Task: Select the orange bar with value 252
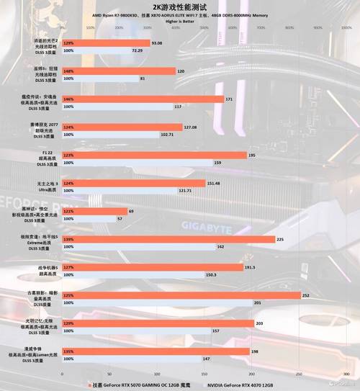[x=180, y=295]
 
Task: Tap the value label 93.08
[x=161, y=43]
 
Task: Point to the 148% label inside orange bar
[x=69, y=71]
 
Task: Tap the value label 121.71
[x=185, y=191]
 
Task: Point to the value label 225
[x=281, y=238]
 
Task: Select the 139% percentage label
[x=69, y=238]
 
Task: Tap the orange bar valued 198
[x=154, y=351]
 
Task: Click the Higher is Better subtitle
[x=181, y=21]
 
